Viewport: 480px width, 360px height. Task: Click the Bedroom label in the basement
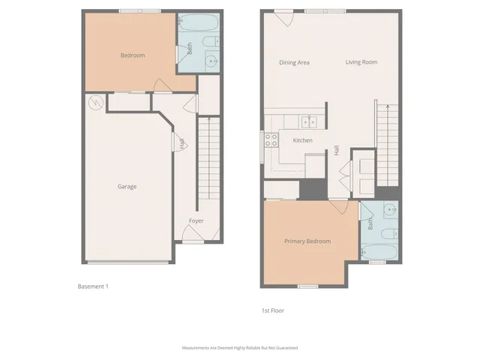[x=133, y=55]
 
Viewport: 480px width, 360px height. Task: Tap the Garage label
[x=127, y=186]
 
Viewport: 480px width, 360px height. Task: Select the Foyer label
[x=196, y=220]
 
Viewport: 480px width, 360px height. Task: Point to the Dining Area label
[x=294, y=62]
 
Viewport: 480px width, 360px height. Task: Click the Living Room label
[x=361, y=62]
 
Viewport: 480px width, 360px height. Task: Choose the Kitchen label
[x=302, y=140]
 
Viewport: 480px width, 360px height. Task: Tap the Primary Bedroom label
[x=307, y=241]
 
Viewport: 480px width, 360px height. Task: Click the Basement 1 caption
[x=93, y=286]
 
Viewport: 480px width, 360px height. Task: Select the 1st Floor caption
[x=272, y=310]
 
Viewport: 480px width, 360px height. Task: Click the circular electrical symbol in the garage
[x=95, y=102]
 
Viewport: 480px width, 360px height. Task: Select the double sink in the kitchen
[x=309, y=121]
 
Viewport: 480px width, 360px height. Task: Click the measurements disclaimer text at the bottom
[x=239, y=348]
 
